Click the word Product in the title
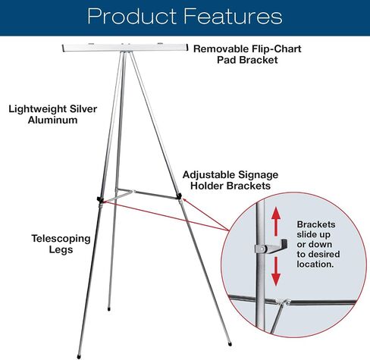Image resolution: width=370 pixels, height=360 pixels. tap(132, 17)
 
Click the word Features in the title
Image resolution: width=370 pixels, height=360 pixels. tap(233, 16)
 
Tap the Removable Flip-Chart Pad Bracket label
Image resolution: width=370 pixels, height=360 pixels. tap(247, 55)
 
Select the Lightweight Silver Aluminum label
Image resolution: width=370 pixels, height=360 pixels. tap(52, 114)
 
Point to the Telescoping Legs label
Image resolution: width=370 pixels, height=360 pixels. tap(61, 244)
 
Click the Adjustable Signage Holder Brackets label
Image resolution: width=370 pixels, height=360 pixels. tap(230, 180)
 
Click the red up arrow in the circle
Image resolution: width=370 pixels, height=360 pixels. tap(276, 221)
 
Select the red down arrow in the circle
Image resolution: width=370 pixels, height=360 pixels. tap(276, 271)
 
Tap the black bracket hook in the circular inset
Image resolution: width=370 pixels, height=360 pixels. tap(277, 246)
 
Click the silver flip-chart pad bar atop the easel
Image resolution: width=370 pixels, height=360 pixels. tap(125, 48)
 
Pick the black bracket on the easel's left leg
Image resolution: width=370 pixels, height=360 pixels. tap(100, 199)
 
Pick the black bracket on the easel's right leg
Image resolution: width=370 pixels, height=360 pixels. tap(179, 196)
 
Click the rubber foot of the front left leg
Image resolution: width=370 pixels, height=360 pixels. tap(79, 357)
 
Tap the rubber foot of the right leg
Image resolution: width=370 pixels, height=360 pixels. tap(230, 343)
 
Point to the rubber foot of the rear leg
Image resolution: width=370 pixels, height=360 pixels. tap(109, 308)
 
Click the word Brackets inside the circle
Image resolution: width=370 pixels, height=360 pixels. tap(316, 224)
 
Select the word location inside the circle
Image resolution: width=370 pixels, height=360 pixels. tap(315, 264)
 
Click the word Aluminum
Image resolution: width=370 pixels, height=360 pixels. tap(52, 120)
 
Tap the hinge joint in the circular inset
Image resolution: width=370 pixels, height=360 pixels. tap(284, 302)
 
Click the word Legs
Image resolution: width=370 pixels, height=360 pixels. tap(61, 249)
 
